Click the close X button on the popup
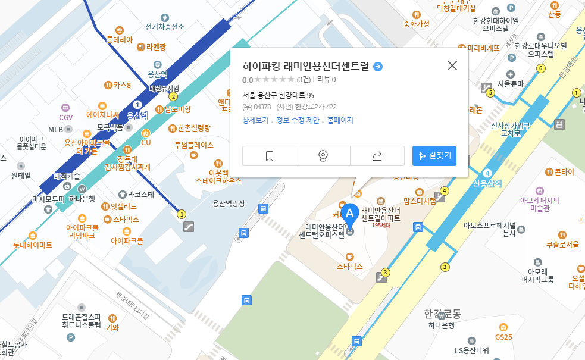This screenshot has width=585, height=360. [x=452, y=65]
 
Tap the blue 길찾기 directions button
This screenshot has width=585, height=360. [x=434, y=156]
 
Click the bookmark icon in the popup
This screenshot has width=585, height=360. [x=269, y=156]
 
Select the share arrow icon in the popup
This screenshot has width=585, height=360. [x=377, y=156]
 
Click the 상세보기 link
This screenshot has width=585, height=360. [x=255, y=120]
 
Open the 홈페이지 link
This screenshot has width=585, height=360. [x=340, y=120]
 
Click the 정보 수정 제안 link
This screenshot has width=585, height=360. [x=298, y=120]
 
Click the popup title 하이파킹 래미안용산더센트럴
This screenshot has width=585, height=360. [x=306, y=66]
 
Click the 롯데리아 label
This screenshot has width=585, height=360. [x=120, y=40]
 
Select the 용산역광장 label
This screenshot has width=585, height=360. [x=229, y=204]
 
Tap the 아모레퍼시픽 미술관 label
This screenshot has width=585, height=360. [x=539, y=204]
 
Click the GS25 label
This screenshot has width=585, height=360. [x=503, y=337]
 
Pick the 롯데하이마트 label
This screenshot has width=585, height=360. [x=33, y=245]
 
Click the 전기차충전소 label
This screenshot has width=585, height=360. [x=165, y=26]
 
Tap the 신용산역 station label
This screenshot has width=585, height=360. [x=487, y=183]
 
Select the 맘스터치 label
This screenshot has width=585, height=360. [x=420, y=201]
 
